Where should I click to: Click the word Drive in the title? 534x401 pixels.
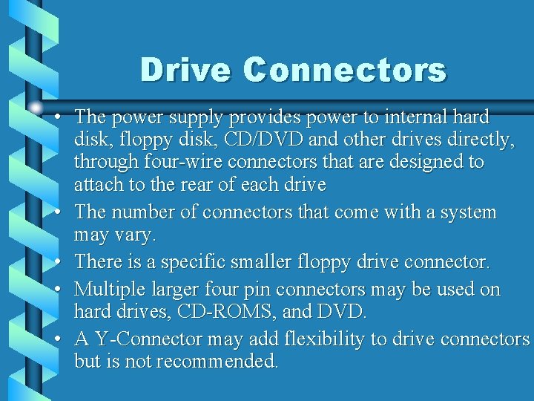(185, 71)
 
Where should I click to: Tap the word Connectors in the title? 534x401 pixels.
(344, 71)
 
